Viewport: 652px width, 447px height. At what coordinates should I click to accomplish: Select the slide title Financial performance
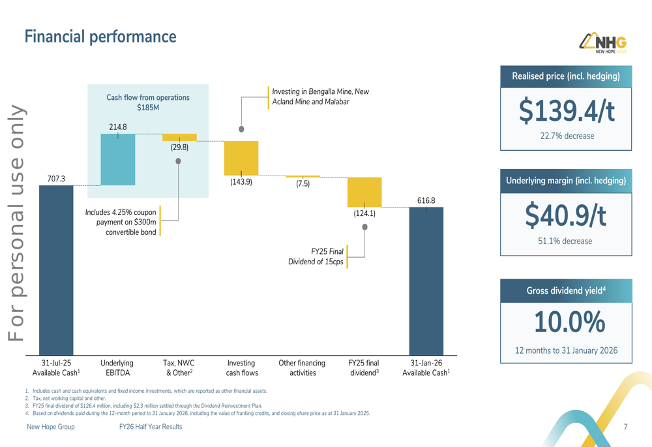coord(100,37)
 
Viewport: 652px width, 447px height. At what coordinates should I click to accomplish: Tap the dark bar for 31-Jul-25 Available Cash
coord(56,271)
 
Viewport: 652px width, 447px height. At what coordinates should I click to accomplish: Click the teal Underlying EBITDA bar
coord(118,160)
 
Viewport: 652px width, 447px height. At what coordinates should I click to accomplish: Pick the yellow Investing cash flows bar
coord(241,158)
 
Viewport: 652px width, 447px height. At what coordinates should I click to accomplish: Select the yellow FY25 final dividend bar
coord(364,192)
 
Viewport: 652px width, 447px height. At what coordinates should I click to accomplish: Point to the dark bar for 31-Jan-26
coord(426,281)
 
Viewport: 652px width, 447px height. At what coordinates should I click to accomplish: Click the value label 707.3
coord(56,178)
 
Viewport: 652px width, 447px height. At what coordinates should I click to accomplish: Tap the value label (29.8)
coord(179,147)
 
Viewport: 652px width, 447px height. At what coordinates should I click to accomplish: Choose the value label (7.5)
coord(303,184)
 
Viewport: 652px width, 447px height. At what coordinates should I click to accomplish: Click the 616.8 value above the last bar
coord(426,200)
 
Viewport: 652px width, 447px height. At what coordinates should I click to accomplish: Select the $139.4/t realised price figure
coord(566,111)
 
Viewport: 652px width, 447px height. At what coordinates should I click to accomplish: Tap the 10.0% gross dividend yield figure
coord(566,322)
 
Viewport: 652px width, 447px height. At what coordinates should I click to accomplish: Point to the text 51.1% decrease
coord(565,241)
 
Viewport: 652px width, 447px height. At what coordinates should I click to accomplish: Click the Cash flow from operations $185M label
coord(148,102)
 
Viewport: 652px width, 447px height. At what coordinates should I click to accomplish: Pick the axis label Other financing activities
coord(302,368)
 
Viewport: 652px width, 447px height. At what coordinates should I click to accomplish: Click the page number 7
coord(625,427)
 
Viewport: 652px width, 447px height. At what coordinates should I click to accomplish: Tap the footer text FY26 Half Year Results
coord(151,427)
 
